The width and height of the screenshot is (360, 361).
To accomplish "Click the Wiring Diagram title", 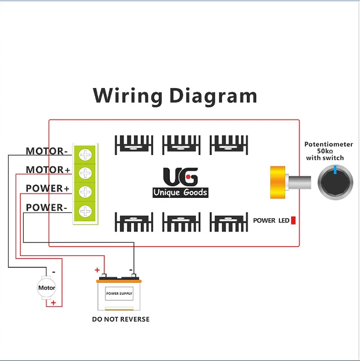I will point(174,95).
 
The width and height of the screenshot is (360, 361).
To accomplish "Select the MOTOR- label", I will point(46,151).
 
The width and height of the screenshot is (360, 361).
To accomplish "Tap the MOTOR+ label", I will point(48,170).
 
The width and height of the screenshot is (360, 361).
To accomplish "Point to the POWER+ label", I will point(48,189).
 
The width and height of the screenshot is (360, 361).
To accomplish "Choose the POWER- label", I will point(46,207).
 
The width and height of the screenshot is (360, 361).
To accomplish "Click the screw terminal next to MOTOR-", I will point(85,154).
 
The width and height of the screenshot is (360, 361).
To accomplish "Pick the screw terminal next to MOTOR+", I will point(85,173).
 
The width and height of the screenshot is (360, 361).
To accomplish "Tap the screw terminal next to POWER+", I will point(85,192).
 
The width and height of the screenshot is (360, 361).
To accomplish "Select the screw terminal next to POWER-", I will point(85,211).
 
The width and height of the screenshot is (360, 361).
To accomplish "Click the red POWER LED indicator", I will point(293,221).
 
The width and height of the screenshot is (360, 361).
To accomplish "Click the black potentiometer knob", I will point(336,181).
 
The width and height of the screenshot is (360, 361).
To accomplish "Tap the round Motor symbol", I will point(46,288).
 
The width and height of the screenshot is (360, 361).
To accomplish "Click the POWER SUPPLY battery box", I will point(119,294).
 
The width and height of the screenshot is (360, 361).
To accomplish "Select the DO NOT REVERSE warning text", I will point(121,319).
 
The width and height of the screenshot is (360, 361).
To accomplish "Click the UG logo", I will point(180,177).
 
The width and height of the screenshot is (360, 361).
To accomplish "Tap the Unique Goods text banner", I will point(180,193).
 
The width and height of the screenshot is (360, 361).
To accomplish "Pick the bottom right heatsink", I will point(228,222).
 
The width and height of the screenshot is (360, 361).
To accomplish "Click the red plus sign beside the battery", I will point(97,270).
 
